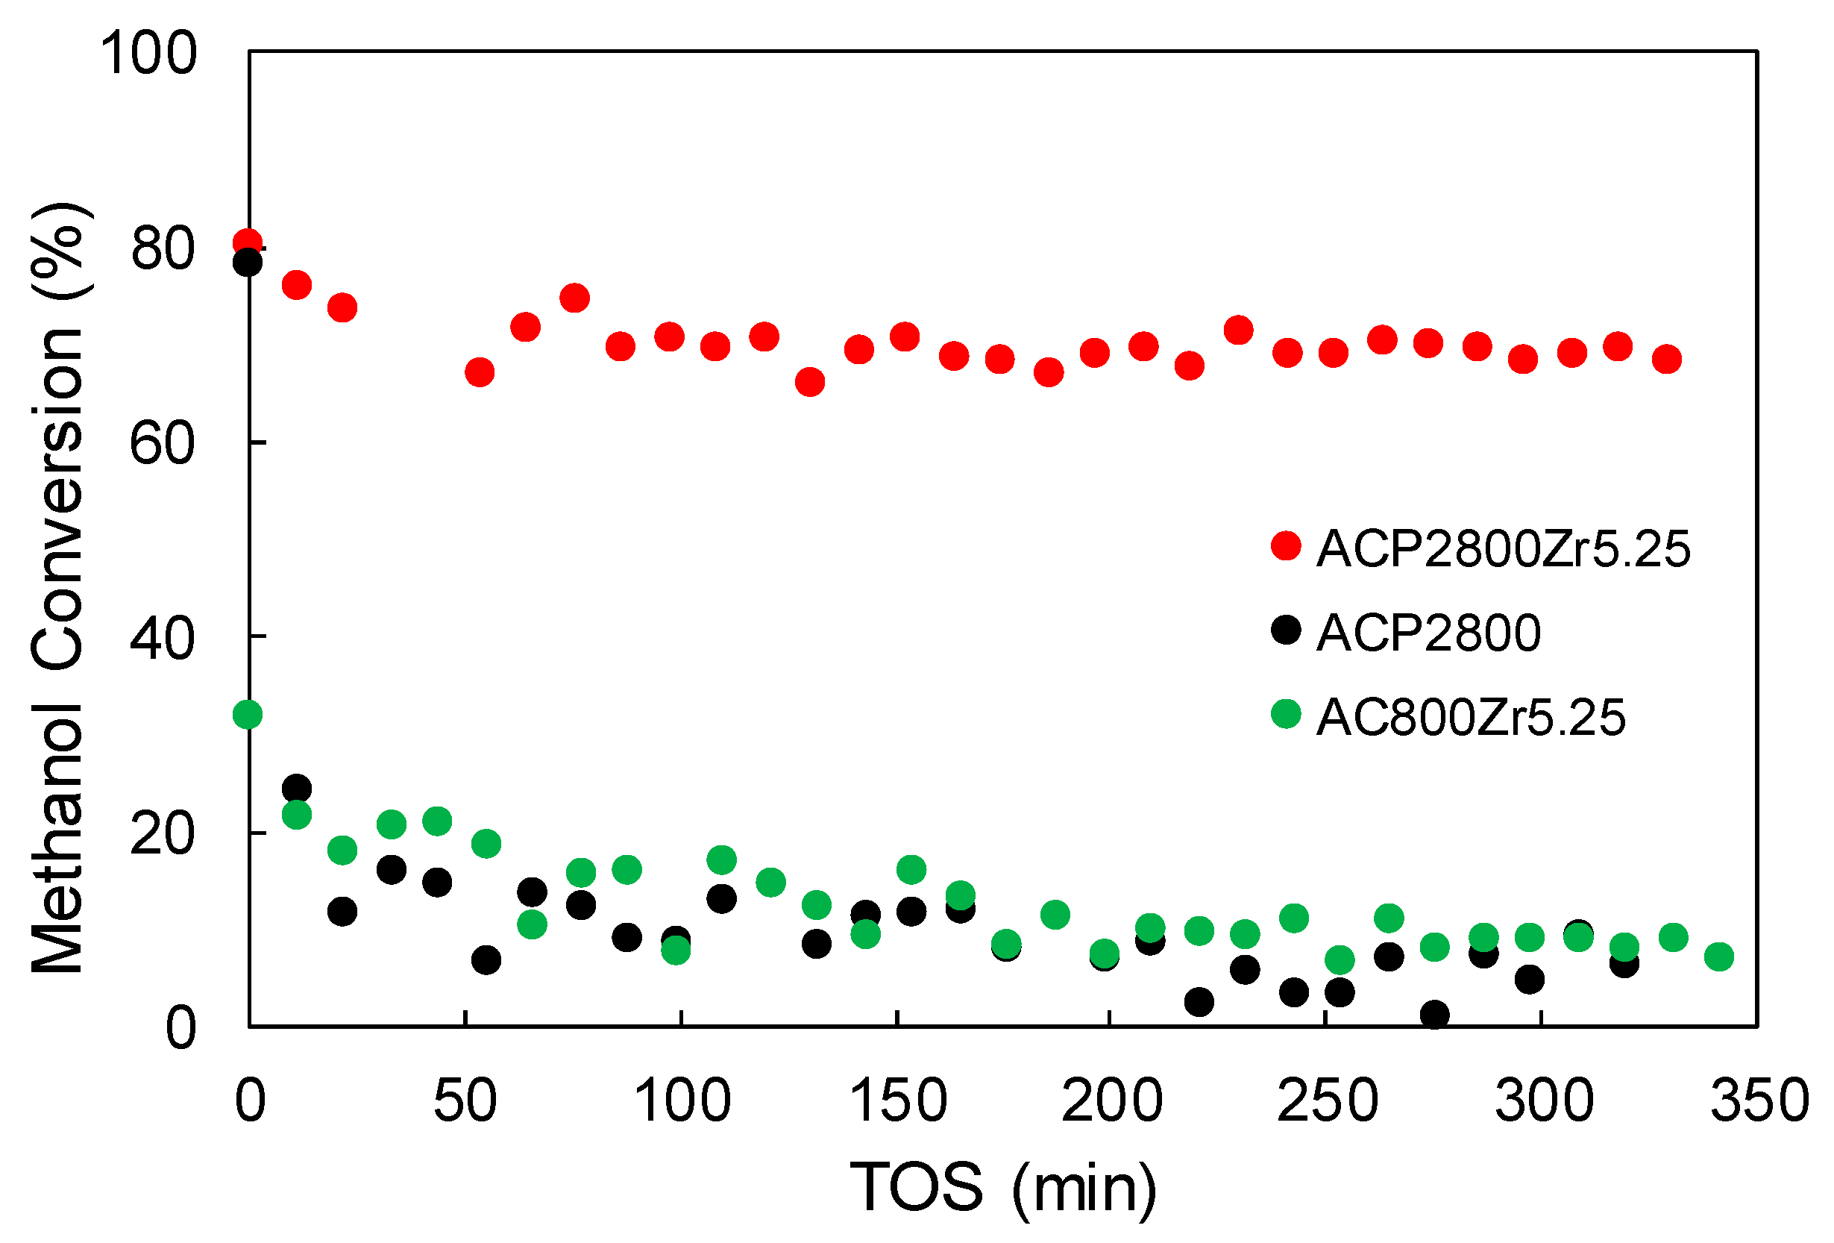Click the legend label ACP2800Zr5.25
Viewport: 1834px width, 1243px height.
tap(1503, 549)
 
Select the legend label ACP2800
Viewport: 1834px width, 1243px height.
tap(1428, 633)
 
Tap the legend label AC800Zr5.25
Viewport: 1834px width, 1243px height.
tap(1471, 718)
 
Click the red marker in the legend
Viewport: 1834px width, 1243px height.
tap(1286, 545)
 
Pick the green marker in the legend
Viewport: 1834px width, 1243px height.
tap(1286, 714)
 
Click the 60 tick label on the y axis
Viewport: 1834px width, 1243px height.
tap(162, 443)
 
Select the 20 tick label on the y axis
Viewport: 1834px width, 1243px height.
tap(162, 834)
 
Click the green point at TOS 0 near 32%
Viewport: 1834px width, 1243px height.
tap(248, 715)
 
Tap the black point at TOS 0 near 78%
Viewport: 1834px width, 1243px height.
tap(248, 262)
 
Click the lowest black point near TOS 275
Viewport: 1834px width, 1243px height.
tap(1435, 1014)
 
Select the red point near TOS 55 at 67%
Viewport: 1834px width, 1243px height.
tap(480, 372)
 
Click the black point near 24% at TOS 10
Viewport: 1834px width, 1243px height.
tap(297, 789)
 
